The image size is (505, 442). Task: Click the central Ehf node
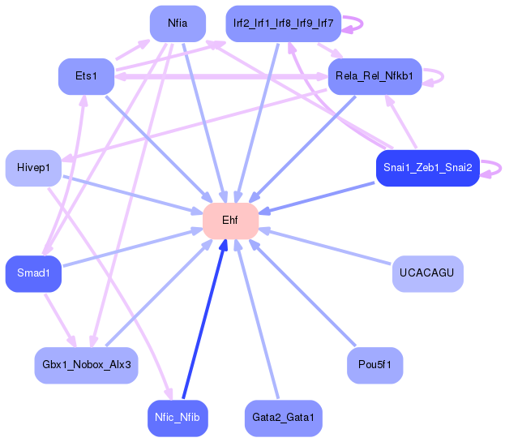[x=230, y=221]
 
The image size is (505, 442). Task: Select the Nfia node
[x=178, y=24]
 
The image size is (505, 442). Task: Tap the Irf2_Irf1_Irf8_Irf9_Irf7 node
[x=283, y=24]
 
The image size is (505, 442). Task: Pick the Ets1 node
[x=86, y=76]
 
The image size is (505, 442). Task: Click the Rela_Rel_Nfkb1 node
[x=374, y=76]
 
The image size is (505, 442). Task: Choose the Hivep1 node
[x=33, y=168]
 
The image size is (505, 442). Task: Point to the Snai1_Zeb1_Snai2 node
[x=427, y=168]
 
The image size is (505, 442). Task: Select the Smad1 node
[x=33, y=273]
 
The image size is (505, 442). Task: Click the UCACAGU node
[x=427, y=273]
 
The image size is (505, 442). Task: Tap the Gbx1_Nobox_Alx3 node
[x=86, y=365]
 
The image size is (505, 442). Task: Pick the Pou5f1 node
[x=374, y=365]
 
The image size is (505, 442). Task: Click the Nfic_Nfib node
[x=178, y=418]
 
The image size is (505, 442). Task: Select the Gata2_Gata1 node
[x=283, y=418]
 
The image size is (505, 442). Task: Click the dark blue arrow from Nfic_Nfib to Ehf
[x=203, y=324]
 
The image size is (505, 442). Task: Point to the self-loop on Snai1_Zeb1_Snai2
[x=491, y=169]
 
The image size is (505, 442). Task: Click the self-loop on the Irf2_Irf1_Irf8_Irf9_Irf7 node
[x=353, y=24]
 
